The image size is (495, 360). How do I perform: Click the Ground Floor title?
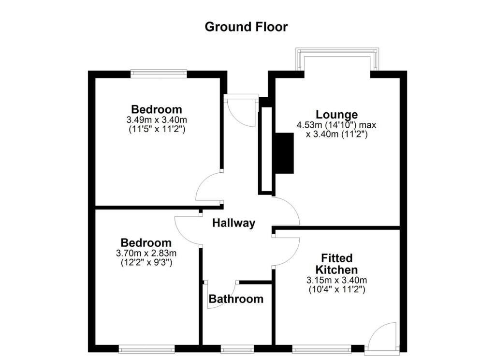[246, 27]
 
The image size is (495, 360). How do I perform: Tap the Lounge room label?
[336, 115]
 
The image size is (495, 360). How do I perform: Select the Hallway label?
[233, 223]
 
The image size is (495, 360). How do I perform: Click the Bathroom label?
[236, 299]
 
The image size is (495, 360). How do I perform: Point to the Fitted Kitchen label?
[336, 264]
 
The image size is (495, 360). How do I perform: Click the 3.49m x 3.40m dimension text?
[157, 120]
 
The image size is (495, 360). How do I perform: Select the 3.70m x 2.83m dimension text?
[146, 253]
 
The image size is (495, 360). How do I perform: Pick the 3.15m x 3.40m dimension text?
[336, 280]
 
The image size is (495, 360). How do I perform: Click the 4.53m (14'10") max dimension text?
[336, 125]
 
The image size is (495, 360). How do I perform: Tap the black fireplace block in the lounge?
[284, 152]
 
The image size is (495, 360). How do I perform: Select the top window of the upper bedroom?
[159, 74]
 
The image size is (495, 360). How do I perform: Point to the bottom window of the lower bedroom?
[146, 348]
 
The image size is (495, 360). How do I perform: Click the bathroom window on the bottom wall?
[237, 348]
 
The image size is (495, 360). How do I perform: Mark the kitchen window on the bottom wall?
[321, 348]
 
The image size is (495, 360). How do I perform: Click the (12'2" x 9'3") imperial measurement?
[146, 262]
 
